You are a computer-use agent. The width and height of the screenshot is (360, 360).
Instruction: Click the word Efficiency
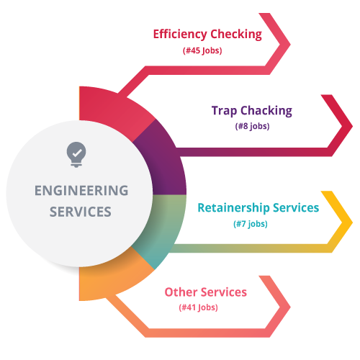pos(180,35)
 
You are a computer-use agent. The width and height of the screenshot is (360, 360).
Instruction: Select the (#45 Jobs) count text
pos(202,50)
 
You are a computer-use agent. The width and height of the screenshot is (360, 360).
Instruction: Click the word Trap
pos(224,111)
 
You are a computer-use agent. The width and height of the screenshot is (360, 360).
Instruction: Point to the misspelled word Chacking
pos(266,111)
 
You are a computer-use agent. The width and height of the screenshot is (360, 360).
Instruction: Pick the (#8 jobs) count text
pos(252,126)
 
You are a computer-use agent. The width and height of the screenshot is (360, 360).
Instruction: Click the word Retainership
pos(233,208)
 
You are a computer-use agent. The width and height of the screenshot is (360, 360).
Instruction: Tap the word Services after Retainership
pos(296,207)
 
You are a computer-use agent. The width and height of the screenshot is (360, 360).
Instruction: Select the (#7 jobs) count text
pos(251,224)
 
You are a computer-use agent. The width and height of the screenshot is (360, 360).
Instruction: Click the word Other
pos(181,292)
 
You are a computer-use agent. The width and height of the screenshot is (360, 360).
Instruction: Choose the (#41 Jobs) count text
pos(198,307)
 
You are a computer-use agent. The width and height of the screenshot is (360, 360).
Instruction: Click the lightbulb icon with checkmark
pos(76,155)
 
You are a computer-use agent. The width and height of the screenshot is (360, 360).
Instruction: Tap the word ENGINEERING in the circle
pos(81,191)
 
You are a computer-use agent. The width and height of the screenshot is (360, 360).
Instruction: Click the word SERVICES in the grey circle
pos(81,212)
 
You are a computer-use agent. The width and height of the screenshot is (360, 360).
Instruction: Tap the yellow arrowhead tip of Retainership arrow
pos(352,222)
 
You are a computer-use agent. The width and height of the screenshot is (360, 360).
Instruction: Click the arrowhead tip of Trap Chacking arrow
pos(352,126)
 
